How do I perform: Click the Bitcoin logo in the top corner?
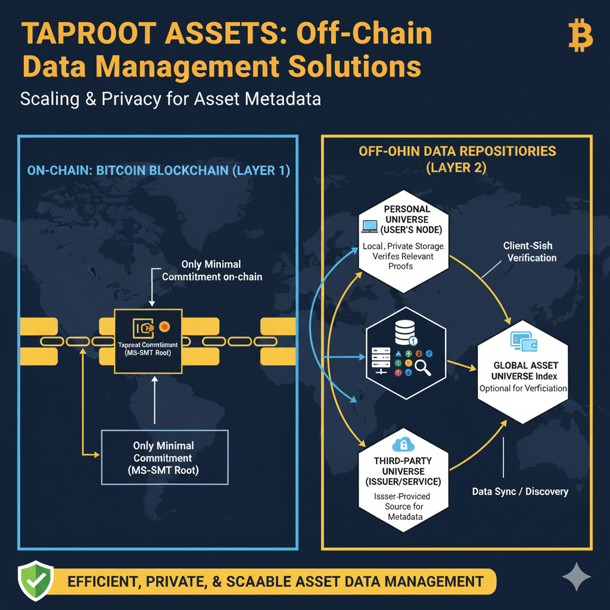click(580, 37)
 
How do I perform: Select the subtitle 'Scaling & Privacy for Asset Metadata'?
click(170, 98)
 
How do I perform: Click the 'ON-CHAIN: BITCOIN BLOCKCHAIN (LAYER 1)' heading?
click(158, 171)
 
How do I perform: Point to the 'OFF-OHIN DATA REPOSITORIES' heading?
click(457, 151)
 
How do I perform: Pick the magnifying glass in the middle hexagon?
click(422, 369)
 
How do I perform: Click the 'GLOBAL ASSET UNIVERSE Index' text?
click(522, 371)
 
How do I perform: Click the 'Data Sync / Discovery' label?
click(519, 492)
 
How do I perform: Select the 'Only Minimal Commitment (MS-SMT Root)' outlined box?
click(165, 457)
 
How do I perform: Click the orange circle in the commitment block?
click(164, 326)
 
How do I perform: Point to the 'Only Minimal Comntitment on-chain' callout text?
click(213, 270)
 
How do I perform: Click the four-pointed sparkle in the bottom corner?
click(576, 577)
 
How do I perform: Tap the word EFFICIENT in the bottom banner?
click(102, 581)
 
